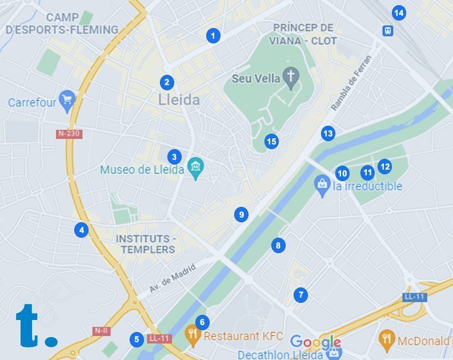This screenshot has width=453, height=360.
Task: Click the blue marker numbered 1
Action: [x=213, y=35]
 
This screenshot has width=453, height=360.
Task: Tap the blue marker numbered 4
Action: [x=82, y=230]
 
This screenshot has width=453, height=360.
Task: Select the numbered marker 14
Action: [x=399, y=13]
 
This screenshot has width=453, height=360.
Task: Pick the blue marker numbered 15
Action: [x=271, y=141]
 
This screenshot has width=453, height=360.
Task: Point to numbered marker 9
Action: [x=241, y=214]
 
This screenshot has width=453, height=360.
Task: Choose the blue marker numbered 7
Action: [x=300, y=295]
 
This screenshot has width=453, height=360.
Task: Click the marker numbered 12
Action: [x=384, y=166]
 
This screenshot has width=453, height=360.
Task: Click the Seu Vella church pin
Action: [x=291, y=78]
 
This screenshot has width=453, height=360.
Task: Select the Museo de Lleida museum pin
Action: [x=196, y=167]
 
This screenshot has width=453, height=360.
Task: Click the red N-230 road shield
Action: [x=69, y=134]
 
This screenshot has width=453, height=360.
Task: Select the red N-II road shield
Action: [x=101, y=330]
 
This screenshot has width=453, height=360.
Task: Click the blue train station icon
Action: [x=388, y=30]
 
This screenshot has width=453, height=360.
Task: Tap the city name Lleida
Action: [x=179, y=101]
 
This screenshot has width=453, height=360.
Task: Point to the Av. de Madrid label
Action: [x=172, y=278]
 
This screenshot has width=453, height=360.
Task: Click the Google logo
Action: [x=315, y=342]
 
